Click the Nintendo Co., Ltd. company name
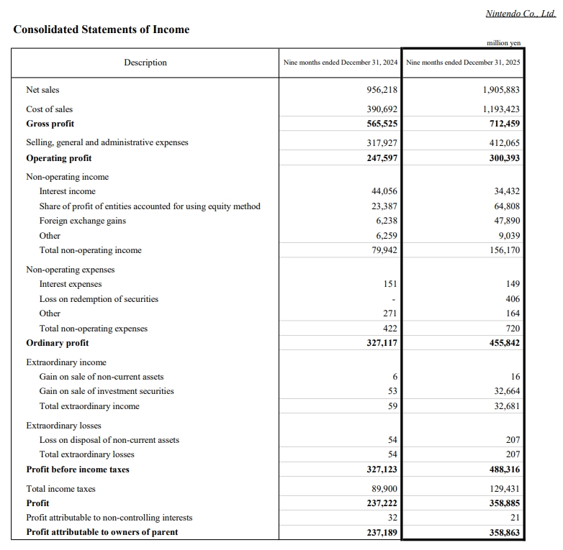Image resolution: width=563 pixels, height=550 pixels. pos(521,14)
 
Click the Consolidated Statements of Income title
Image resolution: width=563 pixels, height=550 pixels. pos(102,29)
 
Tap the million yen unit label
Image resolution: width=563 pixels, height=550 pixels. pos(504,43)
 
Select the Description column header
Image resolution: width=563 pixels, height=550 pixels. pos(145,63)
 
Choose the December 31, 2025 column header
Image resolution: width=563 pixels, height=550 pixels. pos(463,63)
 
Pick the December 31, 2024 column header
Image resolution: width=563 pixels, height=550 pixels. pos(341,63)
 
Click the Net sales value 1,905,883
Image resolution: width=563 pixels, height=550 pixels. pos(501,90)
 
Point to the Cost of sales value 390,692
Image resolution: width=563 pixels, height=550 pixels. pos(382,109)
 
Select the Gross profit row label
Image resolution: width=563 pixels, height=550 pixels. pos(50,123)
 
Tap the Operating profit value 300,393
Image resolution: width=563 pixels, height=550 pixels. pos(504,158)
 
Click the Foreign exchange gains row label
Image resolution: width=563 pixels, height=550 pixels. pos(83,221)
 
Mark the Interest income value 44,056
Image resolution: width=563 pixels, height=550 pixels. pos(384,191)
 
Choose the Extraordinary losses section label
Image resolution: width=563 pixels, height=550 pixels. pos(63,426)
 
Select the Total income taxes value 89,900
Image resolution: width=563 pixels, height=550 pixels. pos(384,489)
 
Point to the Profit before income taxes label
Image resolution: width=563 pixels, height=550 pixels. pos(78,469)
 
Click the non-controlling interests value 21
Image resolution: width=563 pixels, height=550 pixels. pos(514,518)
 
